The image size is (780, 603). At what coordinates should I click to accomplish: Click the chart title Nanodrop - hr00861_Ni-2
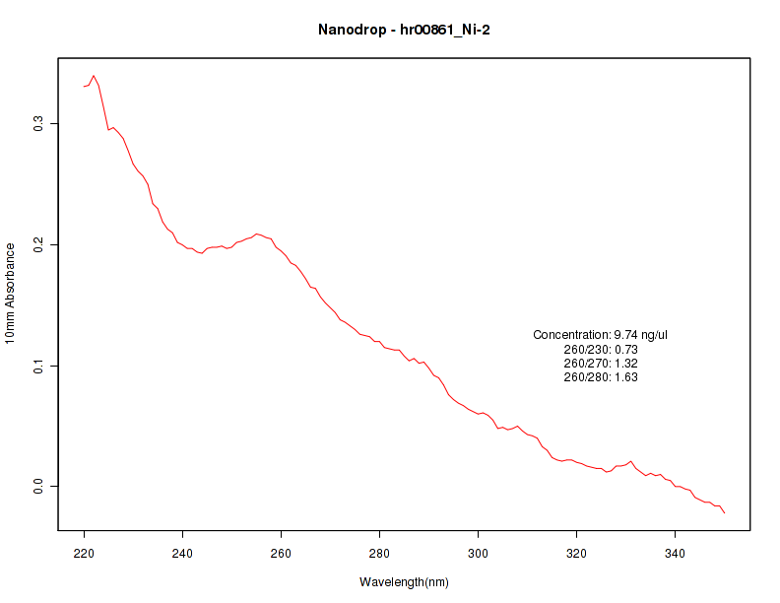[x=404, y=30]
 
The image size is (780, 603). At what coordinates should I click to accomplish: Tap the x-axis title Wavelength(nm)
[x=404, y=582]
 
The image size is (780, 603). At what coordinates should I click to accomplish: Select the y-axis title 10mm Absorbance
[x=11, y=294]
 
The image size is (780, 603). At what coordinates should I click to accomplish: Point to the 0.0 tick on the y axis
[x=38, y=487]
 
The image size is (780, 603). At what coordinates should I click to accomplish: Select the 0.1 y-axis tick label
[x=38, y=366]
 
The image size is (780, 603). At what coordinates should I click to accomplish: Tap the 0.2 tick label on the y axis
[x=38, y=244]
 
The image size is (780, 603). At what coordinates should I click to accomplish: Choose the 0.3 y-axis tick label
[x=38, y=123]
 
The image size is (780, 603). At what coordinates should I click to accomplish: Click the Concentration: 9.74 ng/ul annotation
[x=601, y=335]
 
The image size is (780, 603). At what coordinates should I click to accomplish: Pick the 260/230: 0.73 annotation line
[x=601, y=350]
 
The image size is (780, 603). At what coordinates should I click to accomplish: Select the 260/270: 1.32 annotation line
[x=601, y=364]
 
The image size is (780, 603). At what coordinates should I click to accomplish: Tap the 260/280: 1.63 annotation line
[x=601, y=377]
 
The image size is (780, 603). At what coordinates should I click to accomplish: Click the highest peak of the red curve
[x=94, y=75]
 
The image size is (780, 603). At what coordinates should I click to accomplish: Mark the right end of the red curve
[x=725, y=512]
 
